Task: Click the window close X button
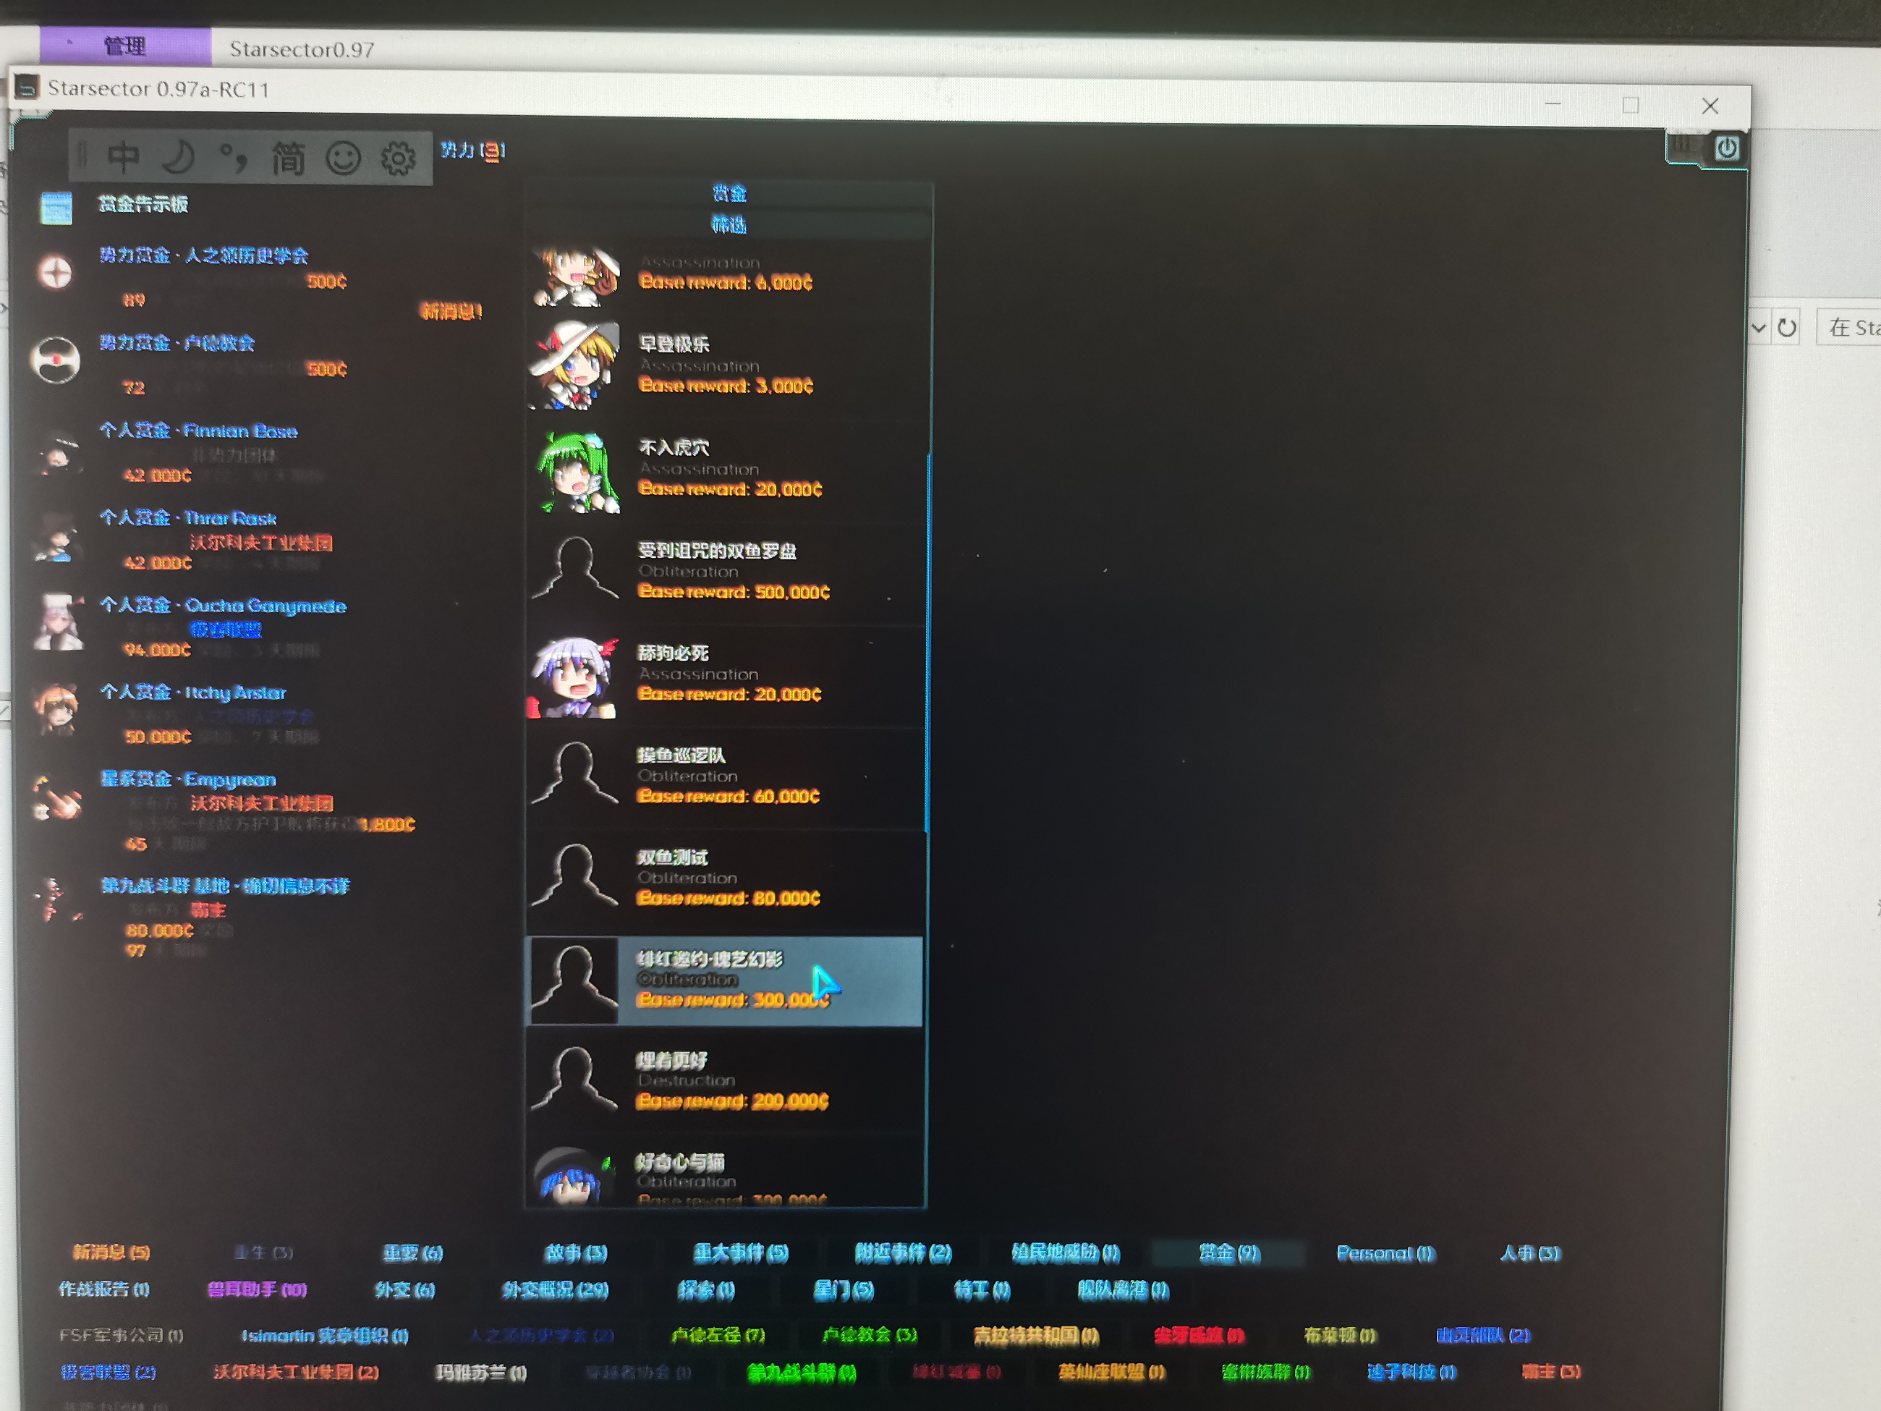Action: point(1710,106)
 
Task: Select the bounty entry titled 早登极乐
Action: point(674,344)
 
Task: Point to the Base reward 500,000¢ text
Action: point(734,592)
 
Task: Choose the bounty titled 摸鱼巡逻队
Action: point(682,755)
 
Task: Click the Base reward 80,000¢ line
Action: point(729,898)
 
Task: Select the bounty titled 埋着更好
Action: point(672,1061)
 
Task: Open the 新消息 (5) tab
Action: point(111,1252)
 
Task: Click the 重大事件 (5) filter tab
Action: point(741,1253)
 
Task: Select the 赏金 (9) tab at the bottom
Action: point(1228,1253)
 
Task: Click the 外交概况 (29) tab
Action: point(556,1290)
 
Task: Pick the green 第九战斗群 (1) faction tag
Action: point(801,1372)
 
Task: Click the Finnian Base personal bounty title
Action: point(199,431)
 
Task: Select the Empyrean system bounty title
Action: point(189,780)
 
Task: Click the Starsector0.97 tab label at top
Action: point(302,49)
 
